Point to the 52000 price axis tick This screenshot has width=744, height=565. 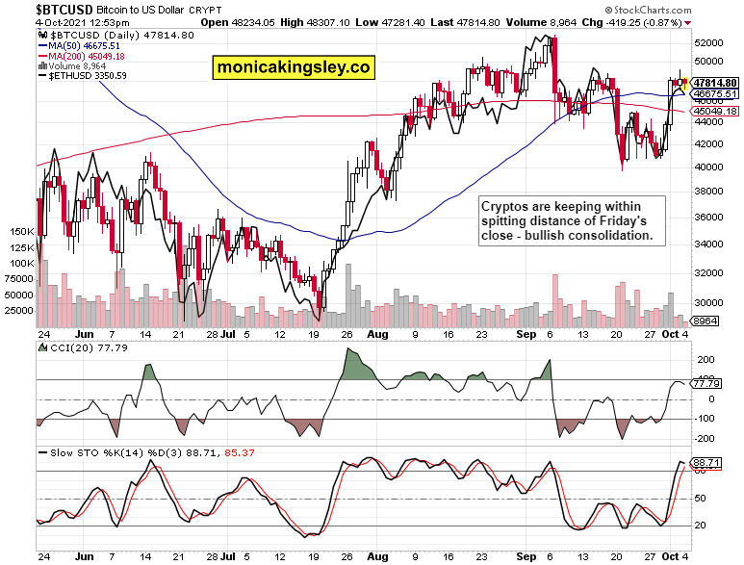pos(710,43)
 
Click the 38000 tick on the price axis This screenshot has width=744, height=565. pos(710,191)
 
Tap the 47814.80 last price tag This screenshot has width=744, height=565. pos(714,84)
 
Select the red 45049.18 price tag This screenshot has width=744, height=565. pos(714,112)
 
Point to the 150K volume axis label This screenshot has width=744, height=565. pos(21,232)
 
